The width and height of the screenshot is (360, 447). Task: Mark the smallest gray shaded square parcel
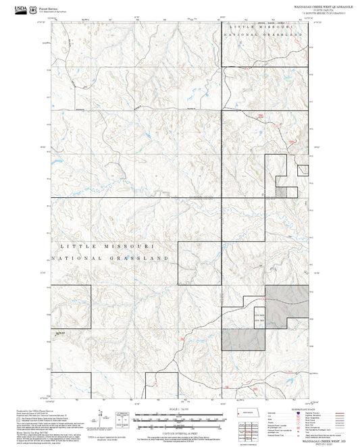tap(281, 192)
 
